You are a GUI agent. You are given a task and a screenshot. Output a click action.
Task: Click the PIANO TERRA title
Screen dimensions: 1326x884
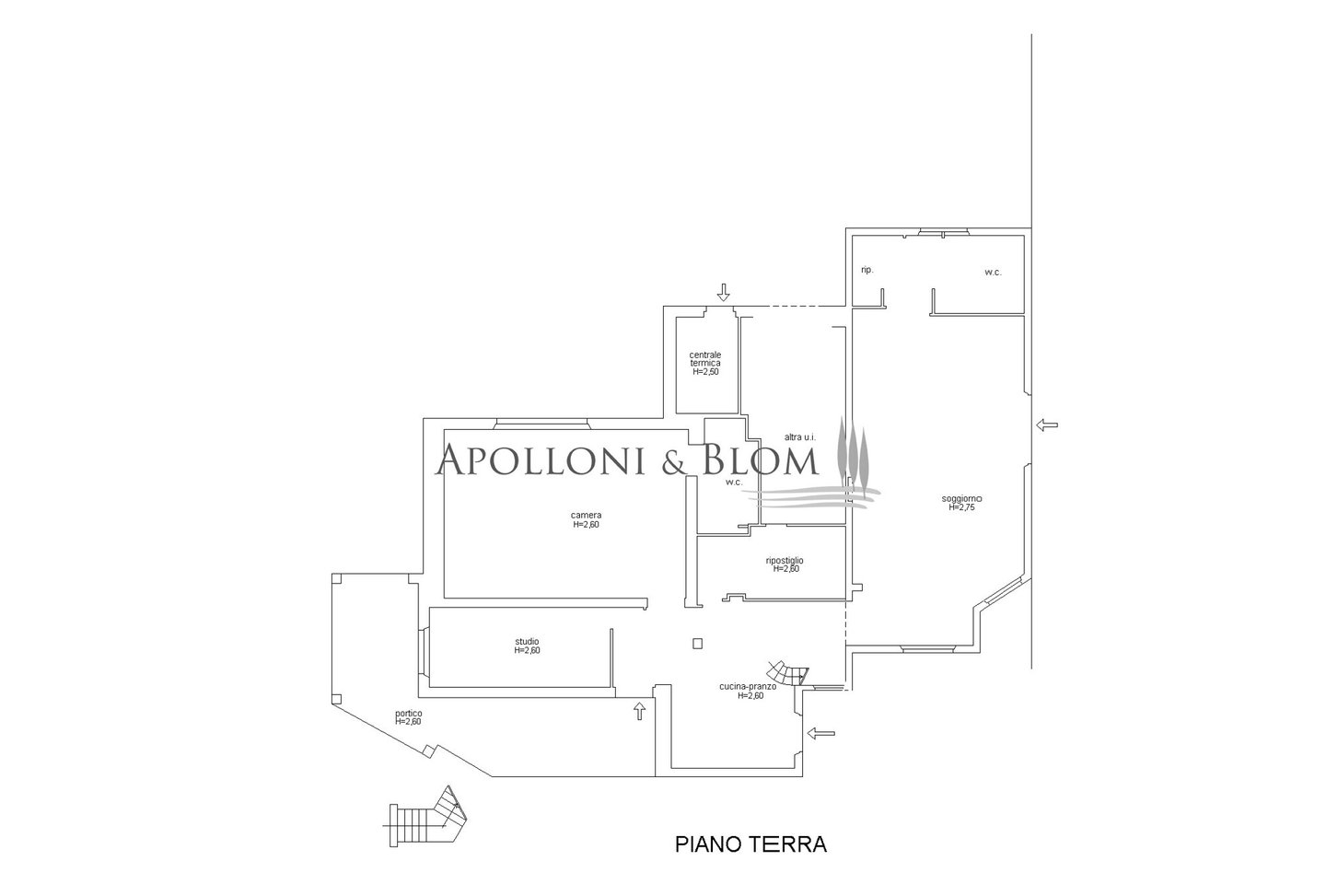click(x=750, y=844)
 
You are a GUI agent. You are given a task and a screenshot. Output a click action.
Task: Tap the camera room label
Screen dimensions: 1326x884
click(x=586, y=519)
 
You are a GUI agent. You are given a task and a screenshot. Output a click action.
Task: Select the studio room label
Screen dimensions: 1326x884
click(x=527, y=646)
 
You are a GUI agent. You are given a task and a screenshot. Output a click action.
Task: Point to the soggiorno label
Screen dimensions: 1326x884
click(x=962, y=503)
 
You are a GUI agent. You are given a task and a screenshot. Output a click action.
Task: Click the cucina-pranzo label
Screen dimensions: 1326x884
click(x=749, y=691)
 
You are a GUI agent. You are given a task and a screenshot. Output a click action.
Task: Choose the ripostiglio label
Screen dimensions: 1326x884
click(x=785, y=564)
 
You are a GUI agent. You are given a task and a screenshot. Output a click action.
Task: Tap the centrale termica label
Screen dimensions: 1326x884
click(x=705, y=363)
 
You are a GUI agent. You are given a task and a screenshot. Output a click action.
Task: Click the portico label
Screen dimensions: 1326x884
click(x=409, y=717)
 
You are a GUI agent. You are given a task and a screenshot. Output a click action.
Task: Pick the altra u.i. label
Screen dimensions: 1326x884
click(x=800, y=437)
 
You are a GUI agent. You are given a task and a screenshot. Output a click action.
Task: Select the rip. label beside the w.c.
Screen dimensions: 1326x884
click(x=867, y=270)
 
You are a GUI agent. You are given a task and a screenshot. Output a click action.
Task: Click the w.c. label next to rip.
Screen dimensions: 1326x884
click(x=993, y=273)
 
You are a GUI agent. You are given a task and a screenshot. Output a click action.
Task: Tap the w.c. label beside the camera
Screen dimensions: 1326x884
click(x=734, y=482)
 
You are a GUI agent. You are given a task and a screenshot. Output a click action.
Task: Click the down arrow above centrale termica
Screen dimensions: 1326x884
click(x=723, y=292)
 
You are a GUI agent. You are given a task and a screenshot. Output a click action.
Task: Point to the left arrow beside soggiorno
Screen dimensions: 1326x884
click(x=1047, y=425)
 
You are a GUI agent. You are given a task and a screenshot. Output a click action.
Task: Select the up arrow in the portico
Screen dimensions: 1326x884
click(x=639, y=711)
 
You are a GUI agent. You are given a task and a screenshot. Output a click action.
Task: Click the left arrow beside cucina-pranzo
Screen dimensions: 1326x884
click(x=821, y=734)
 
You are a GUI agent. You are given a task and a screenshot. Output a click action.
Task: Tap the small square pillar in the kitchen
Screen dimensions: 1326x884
click(x=698, y=644)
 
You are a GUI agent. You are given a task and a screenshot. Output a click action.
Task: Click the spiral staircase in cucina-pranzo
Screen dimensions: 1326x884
click(x=788, y=674)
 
